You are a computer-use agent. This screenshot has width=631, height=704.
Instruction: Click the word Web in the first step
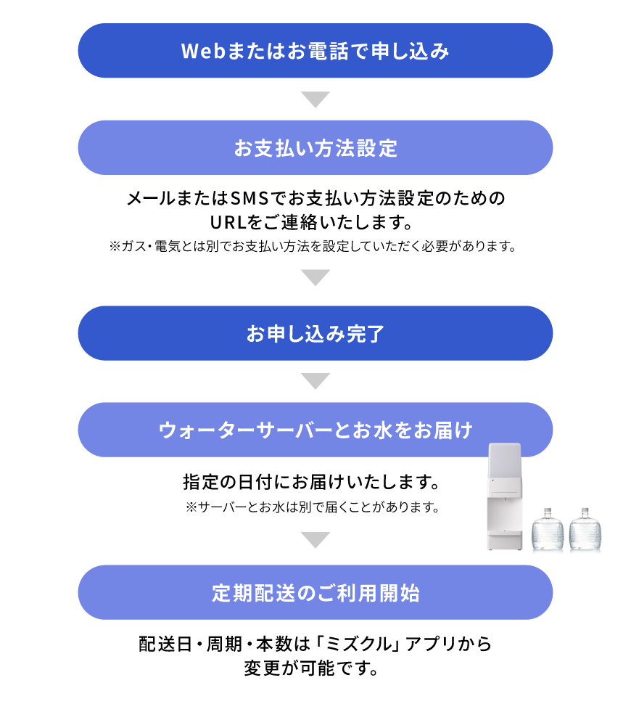click(x=203, y=51)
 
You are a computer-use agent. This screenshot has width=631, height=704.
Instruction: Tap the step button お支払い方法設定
click(x=315, y=148)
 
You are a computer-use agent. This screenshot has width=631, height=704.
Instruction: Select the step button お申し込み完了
click(x=315, y=333)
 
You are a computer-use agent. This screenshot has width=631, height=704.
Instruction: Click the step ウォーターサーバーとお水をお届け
click(x=315, y=430)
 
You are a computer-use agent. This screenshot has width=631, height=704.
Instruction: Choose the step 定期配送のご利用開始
click(x=315, y=592)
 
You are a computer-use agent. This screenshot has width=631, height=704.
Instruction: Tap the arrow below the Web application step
click(x=315, y=99)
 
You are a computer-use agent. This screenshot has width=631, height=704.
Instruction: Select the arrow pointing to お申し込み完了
click(x=315, y=277)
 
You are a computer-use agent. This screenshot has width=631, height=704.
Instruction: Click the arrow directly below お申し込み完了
click(x=315, y=381)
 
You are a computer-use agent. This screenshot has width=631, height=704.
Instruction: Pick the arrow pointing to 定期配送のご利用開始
click(x=315, y=540)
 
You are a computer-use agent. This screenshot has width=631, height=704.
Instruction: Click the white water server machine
click(x=505, y=496)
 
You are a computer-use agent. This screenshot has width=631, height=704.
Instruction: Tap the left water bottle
click(x=548, y=529)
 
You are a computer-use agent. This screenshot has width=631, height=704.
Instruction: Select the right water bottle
click(x=585, y=529)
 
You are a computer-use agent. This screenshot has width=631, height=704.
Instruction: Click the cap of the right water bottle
click(x=585, y=512)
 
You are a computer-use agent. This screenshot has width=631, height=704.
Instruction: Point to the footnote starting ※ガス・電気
click(x=313, y=247)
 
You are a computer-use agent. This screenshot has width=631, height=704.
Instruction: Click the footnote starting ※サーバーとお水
click(x=313, y=507)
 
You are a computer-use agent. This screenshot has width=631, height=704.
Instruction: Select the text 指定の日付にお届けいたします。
click(x=312, y=482)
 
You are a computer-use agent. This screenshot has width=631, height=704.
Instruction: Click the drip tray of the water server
click(x=505, y=533)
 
